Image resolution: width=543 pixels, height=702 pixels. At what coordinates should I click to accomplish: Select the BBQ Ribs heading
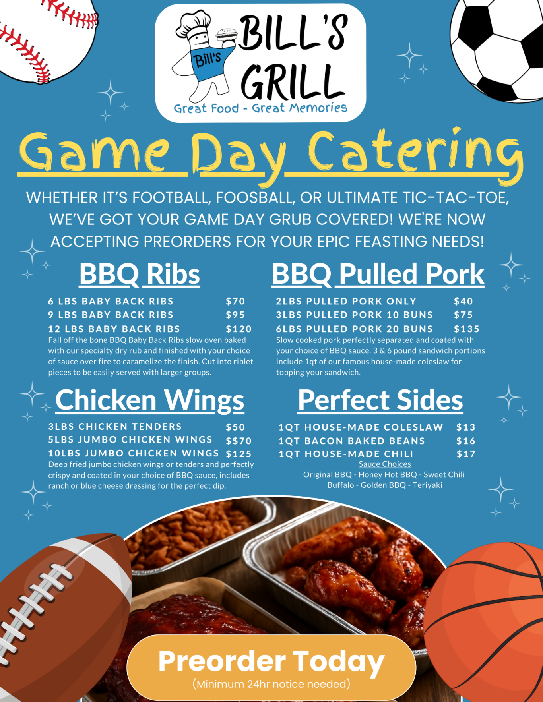point(140,274)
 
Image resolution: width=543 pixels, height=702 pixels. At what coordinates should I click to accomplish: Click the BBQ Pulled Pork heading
point(378,274)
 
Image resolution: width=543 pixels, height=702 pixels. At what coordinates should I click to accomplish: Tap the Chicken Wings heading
point(149,400)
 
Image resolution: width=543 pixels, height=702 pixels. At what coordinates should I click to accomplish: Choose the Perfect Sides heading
point(380,400)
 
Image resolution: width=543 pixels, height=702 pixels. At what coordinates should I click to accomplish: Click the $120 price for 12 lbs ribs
point(239,329)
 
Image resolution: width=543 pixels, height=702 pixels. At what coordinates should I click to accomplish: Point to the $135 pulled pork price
point(467,329)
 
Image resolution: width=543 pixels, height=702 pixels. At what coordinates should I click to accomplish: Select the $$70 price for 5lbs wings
point(239,441)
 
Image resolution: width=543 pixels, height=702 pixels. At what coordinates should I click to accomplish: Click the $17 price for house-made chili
point(466,454)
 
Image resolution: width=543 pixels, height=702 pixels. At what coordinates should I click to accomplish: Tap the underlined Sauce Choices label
point(385,464)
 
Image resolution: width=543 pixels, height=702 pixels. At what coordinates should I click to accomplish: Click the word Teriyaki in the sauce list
point(427,485)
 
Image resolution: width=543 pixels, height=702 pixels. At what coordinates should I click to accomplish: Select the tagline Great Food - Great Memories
point(260,108)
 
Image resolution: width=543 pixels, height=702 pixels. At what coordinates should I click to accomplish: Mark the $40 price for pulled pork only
point(463,301)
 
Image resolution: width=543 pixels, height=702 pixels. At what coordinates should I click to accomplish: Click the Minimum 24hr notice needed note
point(271,684)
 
